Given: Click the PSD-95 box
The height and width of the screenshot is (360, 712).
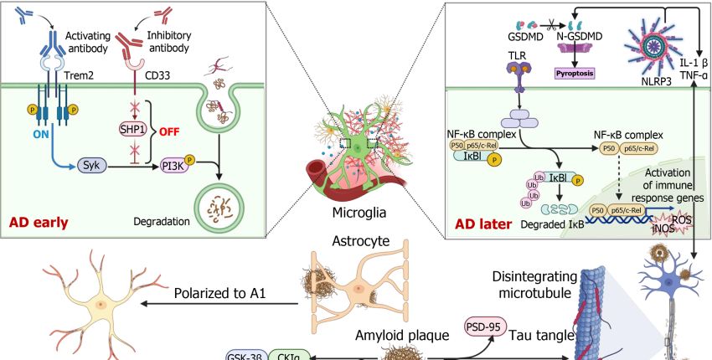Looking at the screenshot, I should pos(486,327).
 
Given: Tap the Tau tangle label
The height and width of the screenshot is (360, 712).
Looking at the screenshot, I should pos(541,335).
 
